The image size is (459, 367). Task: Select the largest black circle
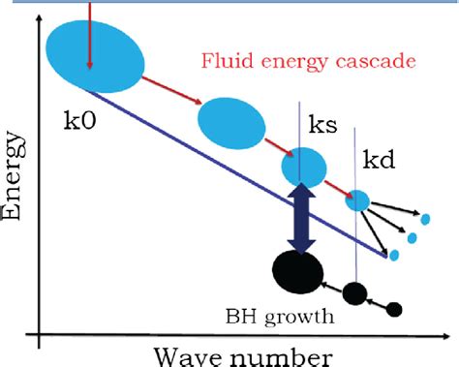tap(298, 270)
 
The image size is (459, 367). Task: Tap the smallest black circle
tap(393, 309)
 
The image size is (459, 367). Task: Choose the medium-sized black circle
tap(355, 291)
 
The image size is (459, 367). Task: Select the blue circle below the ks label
tap(303, 167)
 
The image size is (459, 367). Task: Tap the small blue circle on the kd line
tap(358, 200)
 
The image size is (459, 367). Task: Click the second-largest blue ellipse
tap(229, 120)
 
